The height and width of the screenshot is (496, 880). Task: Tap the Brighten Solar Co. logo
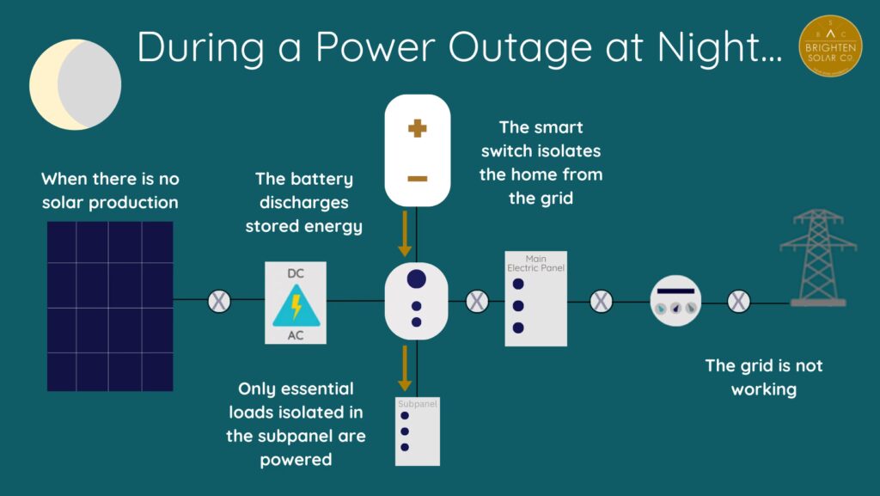830,45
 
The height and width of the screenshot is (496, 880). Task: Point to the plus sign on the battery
417,130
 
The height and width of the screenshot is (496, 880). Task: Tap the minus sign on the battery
417,179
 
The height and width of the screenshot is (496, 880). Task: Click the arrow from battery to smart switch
405,235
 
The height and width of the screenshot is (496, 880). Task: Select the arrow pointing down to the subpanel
405,368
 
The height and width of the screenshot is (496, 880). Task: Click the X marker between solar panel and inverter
220,301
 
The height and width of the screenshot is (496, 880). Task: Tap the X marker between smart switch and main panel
476,301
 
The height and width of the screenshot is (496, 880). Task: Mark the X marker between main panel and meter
601,301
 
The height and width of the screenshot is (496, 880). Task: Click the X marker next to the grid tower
738,301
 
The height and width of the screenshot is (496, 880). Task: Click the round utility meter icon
675,301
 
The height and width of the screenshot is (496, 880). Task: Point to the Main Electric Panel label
536,263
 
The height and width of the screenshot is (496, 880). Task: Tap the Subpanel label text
417,402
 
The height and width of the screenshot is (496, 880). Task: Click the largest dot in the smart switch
417,279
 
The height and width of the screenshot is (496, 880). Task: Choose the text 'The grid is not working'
763,377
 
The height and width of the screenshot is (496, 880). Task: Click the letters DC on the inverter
296,272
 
